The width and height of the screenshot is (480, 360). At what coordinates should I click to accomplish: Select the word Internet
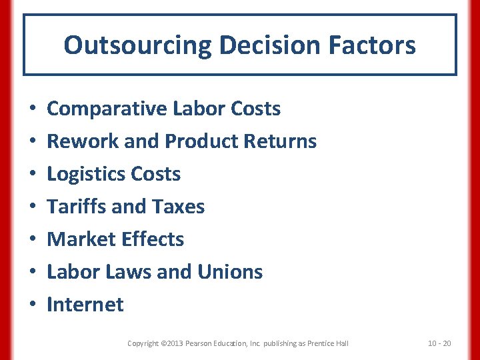pyautogui.click(x=85, y=305)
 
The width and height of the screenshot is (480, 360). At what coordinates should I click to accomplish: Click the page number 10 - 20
pyautogui.click(x=439, y=343)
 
